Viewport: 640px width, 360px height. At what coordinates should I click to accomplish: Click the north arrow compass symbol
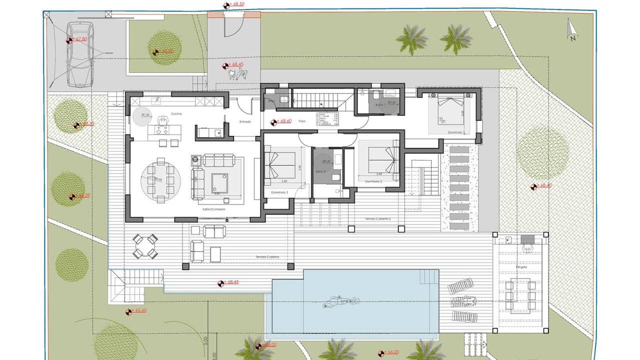click(x=572, y=29)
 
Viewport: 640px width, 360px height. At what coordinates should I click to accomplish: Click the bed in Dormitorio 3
click(x=280, y=165)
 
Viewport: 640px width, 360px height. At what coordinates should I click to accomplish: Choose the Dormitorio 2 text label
click(x=373, y=181)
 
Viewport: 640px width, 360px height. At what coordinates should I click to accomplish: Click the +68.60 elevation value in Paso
click(x=285, y=121)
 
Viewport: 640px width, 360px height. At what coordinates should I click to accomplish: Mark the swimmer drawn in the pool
click(x=341, y=301)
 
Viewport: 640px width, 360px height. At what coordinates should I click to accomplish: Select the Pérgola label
click(x=521, y=268)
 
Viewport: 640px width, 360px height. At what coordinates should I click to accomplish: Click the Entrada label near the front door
click(x=245, y=121)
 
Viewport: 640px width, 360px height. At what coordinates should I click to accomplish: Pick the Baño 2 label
click(x=320, y=171)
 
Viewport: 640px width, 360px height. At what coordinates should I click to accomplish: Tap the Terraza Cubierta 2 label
click(x=377, y=219)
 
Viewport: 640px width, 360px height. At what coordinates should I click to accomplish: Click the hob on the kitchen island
click(x=161, y=129)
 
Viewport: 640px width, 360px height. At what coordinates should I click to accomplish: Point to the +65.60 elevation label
click(x=140, y=310)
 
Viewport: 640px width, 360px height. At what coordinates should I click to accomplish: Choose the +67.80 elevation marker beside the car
click(x=80, y=39)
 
